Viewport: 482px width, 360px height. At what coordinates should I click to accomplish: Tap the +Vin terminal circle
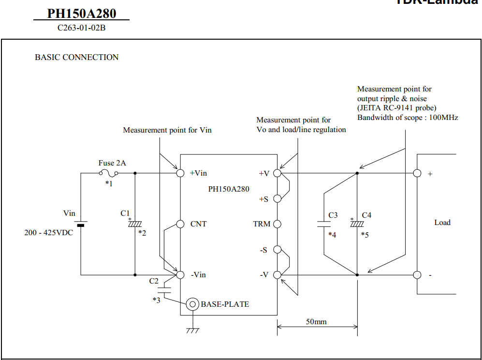click(180, 173)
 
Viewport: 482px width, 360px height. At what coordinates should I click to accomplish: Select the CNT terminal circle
click(180, 224)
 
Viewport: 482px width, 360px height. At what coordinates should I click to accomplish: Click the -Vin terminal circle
click(180, 275)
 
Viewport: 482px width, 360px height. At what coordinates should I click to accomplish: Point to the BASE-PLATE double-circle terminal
click(193, 304)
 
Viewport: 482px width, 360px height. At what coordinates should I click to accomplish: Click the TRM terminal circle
click(277, 224)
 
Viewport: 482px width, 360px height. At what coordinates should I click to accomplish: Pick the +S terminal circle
click(277, 198)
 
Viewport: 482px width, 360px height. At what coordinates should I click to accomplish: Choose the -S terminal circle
click(277, 250)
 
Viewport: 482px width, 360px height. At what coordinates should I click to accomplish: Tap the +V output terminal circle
click(277, 173)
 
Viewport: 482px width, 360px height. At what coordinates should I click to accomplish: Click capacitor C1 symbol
click(134, 224)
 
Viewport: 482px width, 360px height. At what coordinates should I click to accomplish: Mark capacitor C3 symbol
click(323, 224)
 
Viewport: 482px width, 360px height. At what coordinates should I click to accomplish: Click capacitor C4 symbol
click(357, 224)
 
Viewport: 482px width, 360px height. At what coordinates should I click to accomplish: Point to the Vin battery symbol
click(80, 224)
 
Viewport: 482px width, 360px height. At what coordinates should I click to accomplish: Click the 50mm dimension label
click(316, 321)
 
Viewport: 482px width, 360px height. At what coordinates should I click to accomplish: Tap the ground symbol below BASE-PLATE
click(193, 330)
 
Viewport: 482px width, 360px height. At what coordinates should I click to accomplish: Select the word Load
click(442, 223)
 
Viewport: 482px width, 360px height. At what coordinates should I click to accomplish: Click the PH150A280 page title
click(81, 14)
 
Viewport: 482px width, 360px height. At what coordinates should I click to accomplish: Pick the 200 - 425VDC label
click(49, 233)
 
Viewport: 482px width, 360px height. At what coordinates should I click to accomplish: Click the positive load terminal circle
click(417, 173)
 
